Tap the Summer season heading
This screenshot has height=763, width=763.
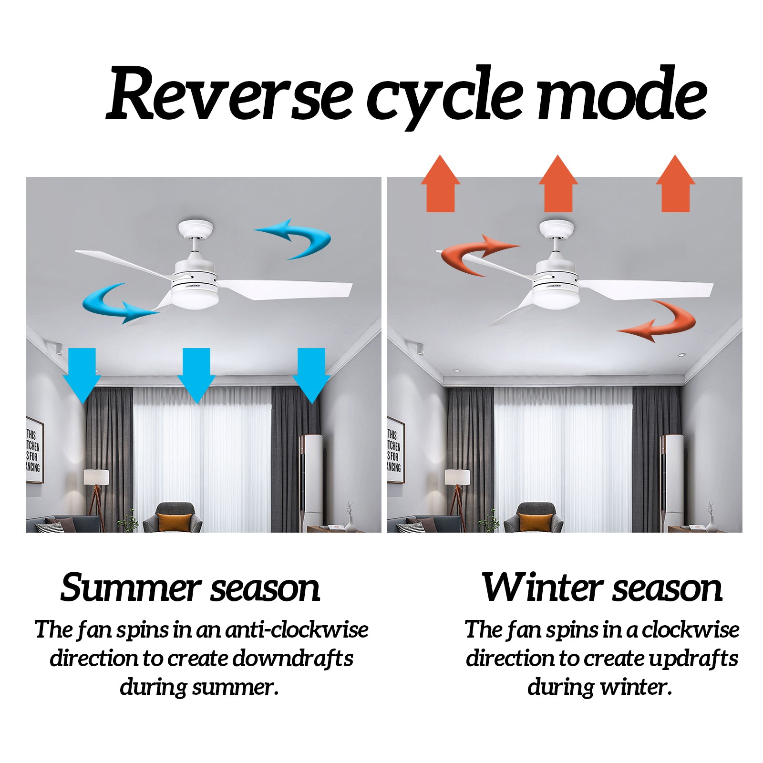[x=190, y=588]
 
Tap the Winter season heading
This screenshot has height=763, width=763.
[x=602, y=587]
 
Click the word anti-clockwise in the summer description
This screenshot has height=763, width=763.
[x=297, y=629]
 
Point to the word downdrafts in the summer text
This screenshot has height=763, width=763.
[x=293, y=659]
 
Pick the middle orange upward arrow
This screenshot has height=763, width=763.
[x=558, y=184]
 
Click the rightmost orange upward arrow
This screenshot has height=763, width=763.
[x=676, y=184]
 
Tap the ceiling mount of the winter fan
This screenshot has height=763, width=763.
[x=557, y=229]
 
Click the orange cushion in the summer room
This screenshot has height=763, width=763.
[x=175, y=523]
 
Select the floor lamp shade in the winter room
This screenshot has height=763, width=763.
[x=457, y=478]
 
